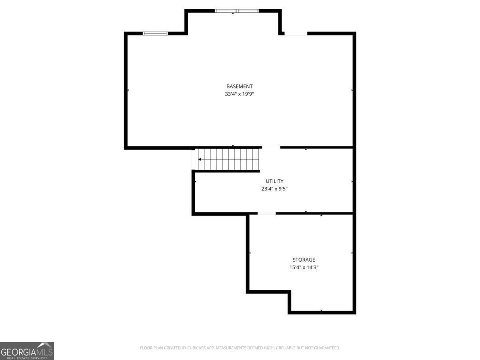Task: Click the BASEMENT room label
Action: (x=239, y=86)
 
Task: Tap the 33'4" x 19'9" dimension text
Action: (x=239, y=94)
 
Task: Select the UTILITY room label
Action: (x=274, y=181)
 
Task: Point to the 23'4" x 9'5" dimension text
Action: (x=274, y=189)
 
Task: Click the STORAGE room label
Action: (x=304, y=260)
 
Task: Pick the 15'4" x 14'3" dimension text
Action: (x=304, y=267)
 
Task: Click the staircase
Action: (x=228, y=159)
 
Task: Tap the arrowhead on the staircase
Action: (x=200, y=159)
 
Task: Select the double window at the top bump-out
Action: (x=237, y=11)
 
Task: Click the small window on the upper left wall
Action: (x=155, y=34)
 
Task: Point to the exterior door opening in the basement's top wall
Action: (x=296, y=34)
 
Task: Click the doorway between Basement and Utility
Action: (x=271, y=147)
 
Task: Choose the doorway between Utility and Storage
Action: (x=266, y=213)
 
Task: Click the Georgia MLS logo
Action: (x=27, y=351)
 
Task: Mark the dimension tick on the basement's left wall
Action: (x=128, y=90)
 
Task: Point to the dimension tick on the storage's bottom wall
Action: (x=321, y=310)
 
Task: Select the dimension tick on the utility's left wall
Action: (x=196, y=182)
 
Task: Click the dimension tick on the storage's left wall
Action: (x=250, y=253)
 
